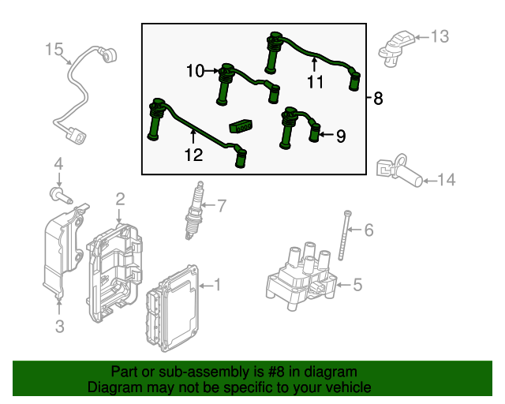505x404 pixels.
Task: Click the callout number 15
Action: (x=54, y=50)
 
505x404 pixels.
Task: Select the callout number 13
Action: (x=439, y=36)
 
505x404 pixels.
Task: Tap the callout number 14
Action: (x=446, y=181)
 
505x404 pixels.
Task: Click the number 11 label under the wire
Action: (x=316, y=82)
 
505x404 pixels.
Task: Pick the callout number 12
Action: (x=193, y=156)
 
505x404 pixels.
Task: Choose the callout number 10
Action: (x=195, y=72)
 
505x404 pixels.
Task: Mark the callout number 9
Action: (x=340, y=136)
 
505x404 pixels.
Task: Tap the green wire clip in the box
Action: (x=241, y=125)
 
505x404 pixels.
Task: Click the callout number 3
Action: (x=59, y=324)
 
